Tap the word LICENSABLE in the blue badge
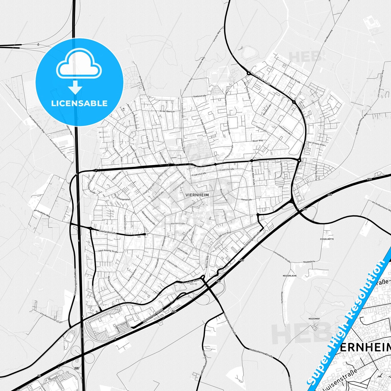(79, 103)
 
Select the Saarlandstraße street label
(108, 232)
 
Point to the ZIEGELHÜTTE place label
(327, 239)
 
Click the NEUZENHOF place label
(314, 319)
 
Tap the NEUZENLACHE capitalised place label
(290, 276)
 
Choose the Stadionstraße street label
(200, 96)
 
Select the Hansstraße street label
(246, 199)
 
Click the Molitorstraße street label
(178, 224)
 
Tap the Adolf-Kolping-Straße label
(108, 251)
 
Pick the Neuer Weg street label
(257, 141)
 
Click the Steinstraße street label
(172, 263)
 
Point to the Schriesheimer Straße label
(282, 257)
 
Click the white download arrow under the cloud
(75, 87)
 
